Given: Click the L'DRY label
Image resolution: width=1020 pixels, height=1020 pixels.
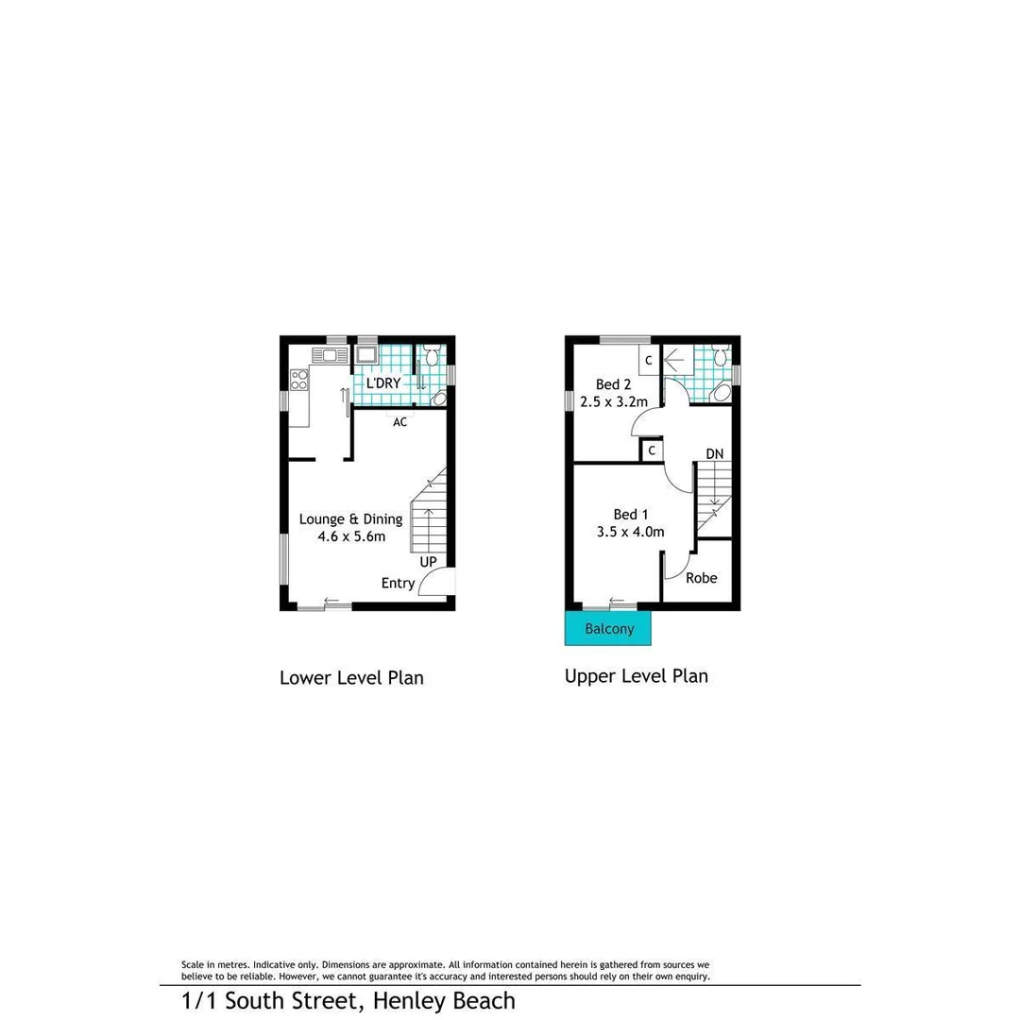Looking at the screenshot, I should click(x=382, y=383).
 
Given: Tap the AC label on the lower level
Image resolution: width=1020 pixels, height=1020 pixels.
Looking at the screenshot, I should click(x=400, y=422).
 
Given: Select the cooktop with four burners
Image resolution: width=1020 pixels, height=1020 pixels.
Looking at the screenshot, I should click(x=299, y=380).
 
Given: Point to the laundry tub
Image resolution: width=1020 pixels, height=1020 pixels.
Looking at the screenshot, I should click(x=366, y=356).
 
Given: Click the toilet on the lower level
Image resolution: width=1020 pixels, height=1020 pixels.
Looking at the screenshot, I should click(x=432, y=356).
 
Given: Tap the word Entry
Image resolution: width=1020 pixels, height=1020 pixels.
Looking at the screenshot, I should click(x=398, y=584).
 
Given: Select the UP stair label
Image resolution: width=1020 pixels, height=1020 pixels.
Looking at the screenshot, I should click(x=428, y=563).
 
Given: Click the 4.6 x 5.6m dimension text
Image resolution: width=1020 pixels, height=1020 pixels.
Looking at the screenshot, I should click(x=350, y=536).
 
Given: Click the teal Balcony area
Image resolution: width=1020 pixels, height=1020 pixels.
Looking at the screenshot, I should click(x=608, y=629).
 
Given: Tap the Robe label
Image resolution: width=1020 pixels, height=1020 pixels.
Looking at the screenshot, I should click(x=701, y=578).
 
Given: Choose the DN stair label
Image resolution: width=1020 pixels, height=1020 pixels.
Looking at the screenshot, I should click(x=715, y=454).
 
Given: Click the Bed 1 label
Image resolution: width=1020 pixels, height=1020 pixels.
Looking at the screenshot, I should click(x=631, y=515).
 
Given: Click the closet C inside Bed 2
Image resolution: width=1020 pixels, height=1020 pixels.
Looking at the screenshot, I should click(x=648, y=360).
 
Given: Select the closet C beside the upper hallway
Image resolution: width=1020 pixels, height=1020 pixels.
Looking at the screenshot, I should click(x=652, y=451).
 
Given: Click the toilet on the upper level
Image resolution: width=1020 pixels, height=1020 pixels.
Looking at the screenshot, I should click(x=721, y=356).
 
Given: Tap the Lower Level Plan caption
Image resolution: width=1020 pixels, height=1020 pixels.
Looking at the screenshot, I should click(x=351, y=678).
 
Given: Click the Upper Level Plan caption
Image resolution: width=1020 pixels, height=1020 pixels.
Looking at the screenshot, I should click(x=636, y=676).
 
